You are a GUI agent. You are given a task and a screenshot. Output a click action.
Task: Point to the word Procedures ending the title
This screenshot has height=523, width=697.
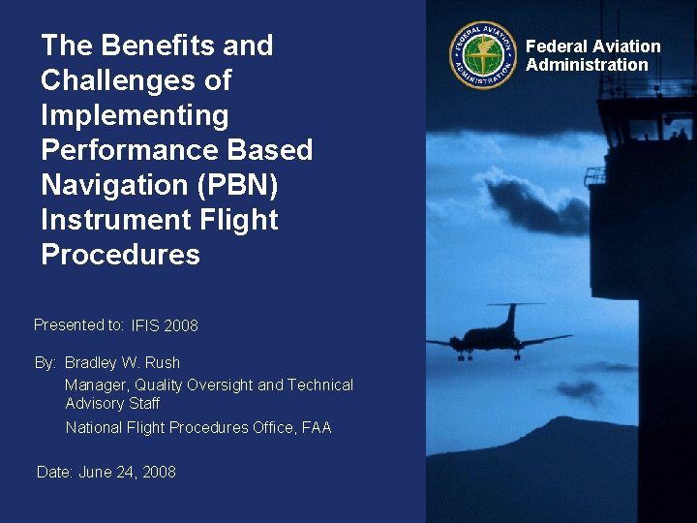120,255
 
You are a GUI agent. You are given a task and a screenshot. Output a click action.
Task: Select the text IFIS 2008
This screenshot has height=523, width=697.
165,326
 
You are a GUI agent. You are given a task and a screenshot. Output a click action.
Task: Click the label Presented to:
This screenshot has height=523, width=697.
78,325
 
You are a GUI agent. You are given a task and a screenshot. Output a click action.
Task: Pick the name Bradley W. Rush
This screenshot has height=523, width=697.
122,363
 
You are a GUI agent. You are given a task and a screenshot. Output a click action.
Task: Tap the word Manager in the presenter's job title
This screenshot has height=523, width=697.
96,385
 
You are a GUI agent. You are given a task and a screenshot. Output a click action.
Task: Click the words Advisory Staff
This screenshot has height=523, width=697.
112,403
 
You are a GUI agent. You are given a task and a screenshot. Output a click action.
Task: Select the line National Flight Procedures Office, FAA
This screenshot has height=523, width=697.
198,427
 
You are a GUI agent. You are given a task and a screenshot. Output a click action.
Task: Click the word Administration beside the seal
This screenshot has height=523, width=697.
587,65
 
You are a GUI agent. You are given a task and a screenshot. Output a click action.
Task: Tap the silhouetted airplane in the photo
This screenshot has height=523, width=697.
499,336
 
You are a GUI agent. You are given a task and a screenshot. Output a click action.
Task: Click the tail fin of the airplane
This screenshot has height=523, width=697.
511,316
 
